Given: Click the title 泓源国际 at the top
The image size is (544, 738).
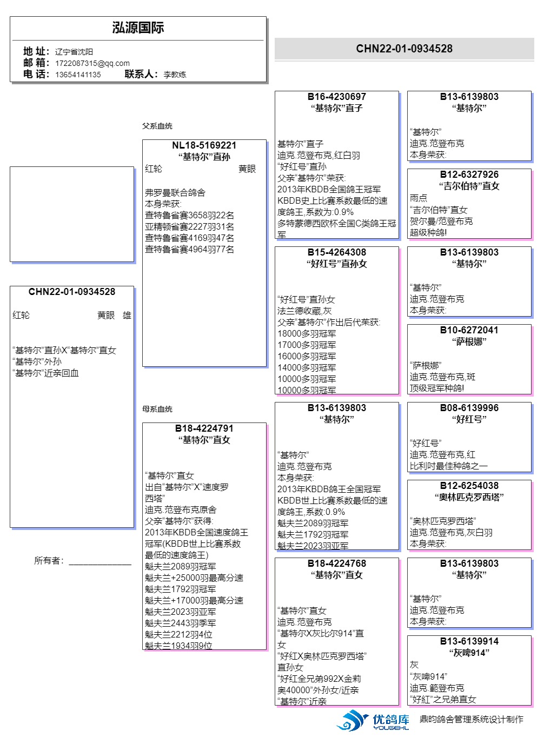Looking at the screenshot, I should tap(138, 28).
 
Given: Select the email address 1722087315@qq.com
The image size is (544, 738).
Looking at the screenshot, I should tap(92, 63).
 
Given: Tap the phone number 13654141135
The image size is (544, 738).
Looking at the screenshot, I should tap(78, 75).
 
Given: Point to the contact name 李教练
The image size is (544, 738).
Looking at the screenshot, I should tap(175, 75).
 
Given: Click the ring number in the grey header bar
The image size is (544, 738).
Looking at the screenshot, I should tap(404, 49).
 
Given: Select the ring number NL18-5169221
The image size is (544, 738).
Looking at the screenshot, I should tap(204, 145).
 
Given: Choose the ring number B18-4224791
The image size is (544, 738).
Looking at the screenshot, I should tap(204, 428).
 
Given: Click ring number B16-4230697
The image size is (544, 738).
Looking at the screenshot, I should tap(336, 97).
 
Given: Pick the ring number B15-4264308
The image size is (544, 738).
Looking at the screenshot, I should tap(336, 252).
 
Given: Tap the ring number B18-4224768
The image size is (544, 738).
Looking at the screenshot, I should tap(336, 563).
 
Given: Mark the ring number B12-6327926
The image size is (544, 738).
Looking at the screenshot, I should tap(469, 175).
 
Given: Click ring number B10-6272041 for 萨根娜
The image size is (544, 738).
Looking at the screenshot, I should tap(469, 330).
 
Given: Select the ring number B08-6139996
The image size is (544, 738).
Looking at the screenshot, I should tap(469, 408).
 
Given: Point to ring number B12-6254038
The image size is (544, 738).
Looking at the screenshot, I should tap(469, 486).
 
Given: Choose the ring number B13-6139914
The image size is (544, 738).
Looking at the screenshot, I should tap(469, 641).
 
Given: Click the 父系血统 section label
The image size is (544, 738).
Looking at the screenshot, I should tap(157, 126).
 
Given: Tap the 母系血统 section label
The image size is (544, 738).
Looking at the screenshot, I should tap(157, 409).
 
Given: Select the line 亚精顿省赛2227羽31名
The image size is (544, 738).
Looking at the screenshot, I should tap(189, 227).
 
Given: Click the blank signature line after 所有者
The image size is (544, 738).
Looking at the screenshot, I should tap(100, 562).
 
